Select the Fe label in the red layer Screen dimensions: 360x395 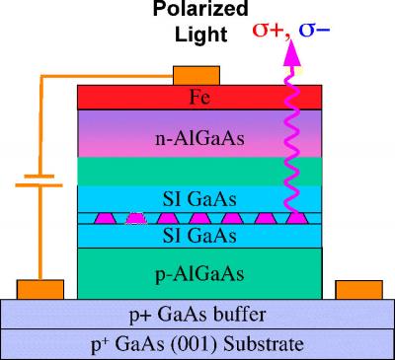click(199, 97)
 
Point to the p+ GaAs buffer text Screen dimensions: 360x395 click(198, 317)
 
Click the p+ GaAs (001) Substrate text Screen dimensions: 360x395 click(198, 344)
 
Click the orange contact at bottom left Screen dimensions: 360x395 click(40, 289)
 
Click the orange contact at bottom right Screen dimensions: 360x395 click(358, 289)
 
